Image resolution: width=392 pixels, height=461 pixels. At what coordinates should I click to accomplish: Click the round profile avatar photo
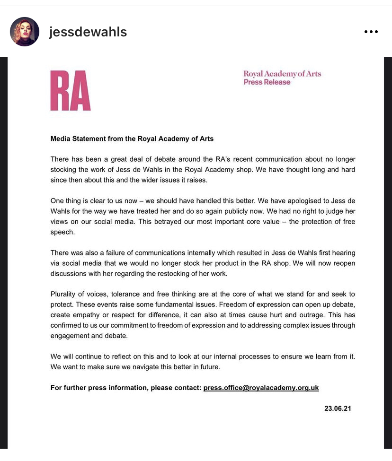coord(24,32)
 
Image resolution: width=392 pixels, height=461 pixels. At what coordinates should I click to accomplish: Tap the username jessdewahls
coord(88,32)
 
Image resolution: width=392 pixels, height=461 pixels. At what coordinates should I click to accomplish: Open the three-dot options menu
coord(371,32)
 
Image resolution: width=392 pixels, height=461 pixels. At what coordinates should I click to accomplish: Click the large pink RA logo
coord(71,90)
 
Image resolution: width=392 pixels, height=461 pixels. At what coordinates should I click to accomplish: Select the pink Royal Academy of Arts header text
coord(282,74)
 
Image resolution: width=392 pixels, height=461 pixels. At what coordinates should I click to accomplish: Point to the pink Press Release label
coord(267,82)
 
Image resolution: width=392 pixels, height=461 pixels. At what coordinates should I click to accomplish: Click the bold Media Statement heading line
coord(132,139)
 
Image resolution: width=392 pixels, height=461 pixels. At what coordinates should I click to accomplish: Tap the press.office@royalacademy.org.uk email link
coord(261,388)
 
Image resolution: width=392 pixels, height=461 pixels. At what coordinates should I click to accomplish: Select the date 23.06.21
coord(337,408)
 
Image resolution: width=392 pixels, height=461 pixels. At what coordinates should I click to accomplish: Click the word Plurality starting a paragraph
coord(64,294)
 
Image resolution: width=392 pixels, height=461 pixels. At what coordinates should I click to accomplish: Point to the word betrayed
coord(163,222)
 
